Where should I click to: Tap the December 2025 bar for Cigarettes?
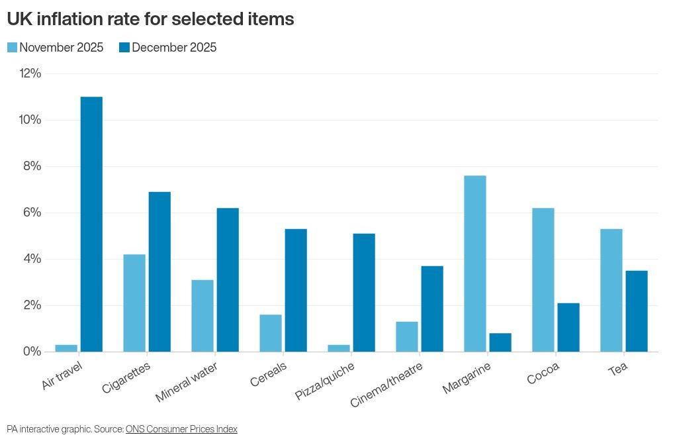click(159, 271)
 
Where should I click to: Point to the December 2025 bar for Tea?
click(636, 311)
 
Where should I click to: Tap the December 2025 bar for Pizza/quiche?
click(364, 292)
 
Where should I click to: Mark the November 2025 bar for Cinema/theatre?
click(407, 336)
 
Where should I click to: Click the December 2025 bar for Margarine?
click(500, 342)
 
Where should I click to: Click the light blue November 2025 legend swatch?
click(12, 48)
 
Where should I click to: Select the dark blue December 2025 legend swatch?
click(124, 48)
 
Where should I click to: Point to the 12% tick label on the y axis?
click(29, 74)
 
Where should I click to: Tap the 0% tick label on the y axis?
click(32, 352)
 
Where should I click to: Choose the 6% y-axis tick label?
click(32, 213)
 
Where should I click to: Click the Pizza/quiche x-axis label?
click(326, 380)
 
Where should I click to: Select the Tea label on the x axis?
click(617, 368)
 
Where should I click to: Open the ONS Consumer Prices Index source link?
click(181, 429)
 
